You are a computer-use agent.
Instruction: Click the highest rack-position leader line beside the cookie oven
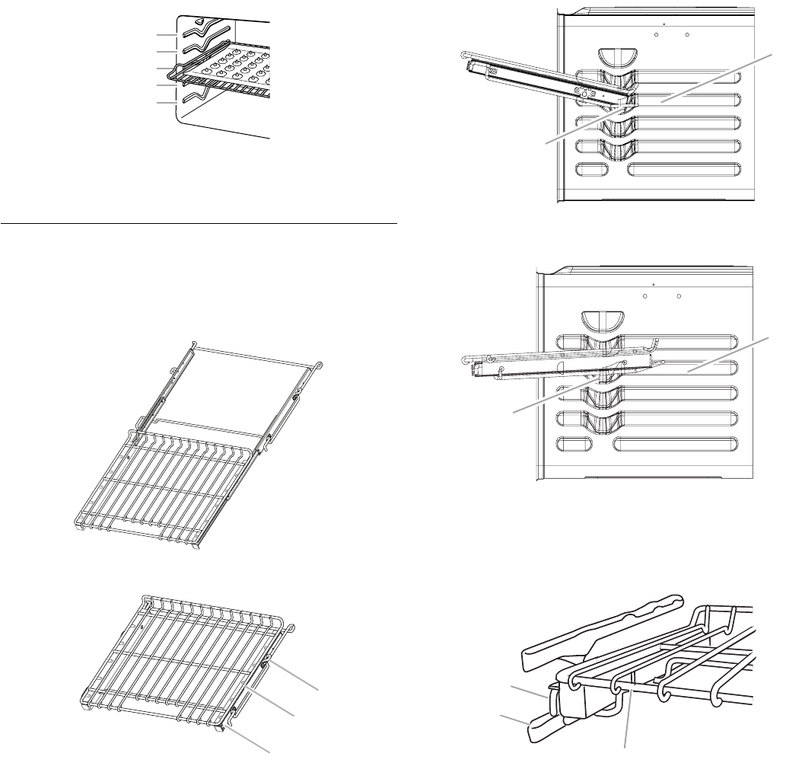click(166, 35)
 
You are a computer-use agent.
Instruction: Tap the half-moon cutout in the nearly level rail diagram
click(598, 318)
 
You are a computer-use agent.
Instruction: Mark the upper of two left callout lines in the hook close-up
click(530, 691)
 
